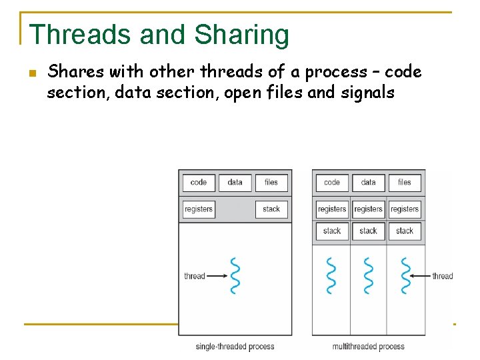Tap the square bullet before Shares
pyautogui.click(x=32, y=73)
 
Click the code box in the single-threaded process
pyautogui.click(x=199, y=183)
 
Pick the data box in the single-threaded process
pyautogui.click(x=235, y=183)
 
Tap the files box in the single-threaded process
pyautogui.click(x=271, y=183)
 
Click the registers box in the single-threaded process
pyautogui.click(x=199, y=209)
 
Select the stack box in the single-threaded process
pyautogui.click(x=271, y=209)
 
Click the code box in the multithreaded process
pyautogui.click(x=332, y=183)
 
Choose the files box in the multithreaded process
pyautogui.click(x=405, y=183)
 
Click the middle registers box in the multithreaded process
pyautogui.click(x=368, y=209)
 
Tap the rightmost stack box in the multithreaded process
pyautogui.click(x=405, y=231)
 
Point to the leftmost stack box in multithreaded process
pyautogui.click(x=332, y=231)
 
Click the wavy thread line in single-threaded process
pyautogui.click(x=235, y=275)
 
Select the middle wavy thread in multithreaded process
pyautogui.click(x=368, y=275)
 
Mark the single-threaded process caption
pyautogui.click(x=235, y=347)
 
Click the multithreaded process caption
pyautogui.click(x=368, y=347)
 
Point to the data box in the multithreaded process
pyautogui.click(x=368, y=183)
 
